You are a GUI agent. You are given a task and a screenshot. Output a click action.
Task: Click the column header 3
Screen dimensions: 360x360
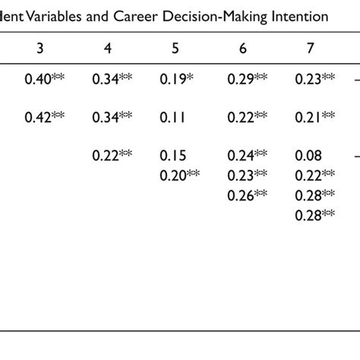[39, 48]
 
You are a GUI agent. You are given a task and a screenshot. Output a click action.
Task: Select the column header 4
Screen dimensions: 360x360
[107, 48]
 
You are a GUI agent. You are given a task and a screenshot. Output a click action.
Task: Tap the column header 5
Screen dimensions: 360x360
[175, 48]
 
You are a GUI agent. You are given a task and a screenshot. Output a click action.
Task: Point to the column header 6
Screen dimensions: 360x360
[242, 48]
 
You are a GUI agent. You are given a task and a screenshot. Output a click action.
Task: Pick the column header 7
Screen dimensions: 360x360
[310, 48]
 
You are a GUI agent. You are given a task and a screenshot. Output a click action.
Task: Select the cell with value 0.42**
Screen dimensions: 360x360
[45, 116]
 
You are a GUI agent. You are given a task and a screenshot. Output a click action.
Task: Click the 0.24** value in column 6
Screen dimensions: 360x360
[248, 156]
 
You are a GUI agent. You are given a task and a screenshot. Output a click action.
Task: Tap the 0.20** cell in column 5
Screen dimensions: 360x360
[180, 175]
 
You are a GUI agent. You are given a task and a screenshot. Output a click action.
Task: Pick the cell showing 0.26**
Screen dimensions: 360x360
[248, 195]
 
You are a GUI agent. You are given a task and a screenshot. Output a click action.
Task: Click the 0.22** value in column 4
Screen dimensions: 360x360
[112, 156]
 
